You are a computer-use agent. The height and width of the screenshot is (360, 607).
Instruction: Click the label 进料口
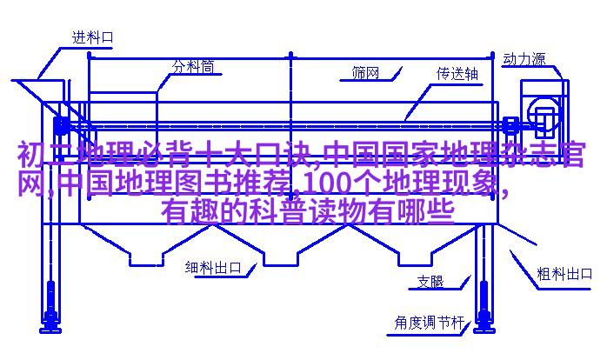(x=93, y=37)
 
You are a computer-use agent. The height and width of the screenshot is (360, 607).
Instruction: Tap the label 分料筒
(x=193, y=67)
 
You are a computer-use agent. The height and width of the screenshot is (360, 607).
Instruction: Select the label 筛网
(x=365, y=72)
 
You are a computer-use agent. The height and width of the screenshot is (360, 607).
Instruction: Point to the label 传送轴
(x=457, y=74)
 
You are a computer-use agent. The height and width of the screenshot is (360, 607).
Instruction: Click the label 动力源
(x=524, y=59)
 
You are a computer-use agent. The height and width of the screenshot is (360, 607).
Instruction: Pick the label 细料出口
(x=213, y=267)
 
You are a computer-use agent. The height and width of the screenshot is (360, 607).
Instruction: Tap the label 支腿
(x=430, y=282)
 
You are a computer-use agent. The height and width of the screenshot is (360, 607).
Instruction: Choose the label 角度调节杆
(x=429, y=322)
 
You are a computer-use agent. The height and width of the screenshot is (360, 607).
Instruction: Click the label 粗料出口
(x=564, y=274)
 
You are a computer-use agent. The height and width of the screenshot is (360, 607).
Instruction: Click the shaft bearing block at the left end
(x=61, y=125)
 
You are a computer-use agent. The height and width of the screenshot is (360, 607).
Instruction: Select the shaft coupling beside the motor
(x=510, y=125)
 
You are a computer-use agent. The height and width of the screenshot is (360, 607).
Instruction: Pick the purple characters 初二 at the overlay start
(x=46, y=155)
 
